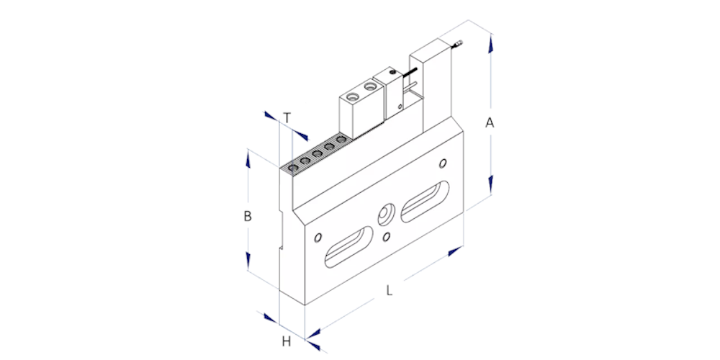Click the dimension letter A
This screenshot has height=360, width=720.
click(490, 123)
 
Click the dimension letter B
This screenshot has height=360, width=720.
click(248, 216)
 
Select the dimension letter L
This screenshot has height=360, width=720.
click(390, 291)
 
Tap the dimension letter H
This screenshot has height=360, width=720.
click(287, 341)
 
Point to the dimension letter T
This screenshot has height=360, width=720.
click(287, 118)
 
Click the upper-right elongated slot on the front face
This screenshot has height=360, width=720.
click(426, 201)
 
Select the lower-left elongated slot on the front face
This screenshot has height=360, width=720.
click(349, 246)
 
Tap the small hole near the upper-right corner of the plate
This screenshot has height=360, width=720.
click(443, 163)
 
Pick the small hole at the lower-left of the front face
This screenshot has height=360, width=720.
click(318, 238)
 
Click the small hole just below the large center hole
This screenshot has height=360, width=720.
click(387, 236)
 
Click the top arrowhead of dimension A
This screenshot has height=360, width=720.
click(491, 44)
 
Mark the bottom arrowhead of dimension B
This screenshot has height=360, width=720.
click(248, 261)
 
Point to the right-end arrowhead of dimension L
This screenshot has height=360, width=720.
click(455, 251)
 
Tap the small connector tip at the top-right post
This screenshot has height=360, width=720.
click(458, 44)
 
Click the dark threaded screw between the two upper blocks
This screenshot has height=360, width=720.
click(410, 73)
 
